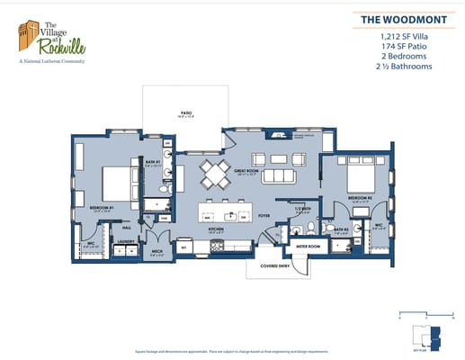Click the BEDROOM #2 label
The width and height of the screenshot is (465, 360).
tap(359, 197)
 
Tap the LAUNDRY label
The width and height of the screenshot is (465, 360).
tap(126, 240)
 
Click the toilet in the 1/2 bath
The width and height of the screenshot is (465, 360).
tap(309, 224)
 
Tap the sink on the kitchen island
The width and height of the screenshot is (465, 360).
tap(232, 216)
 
